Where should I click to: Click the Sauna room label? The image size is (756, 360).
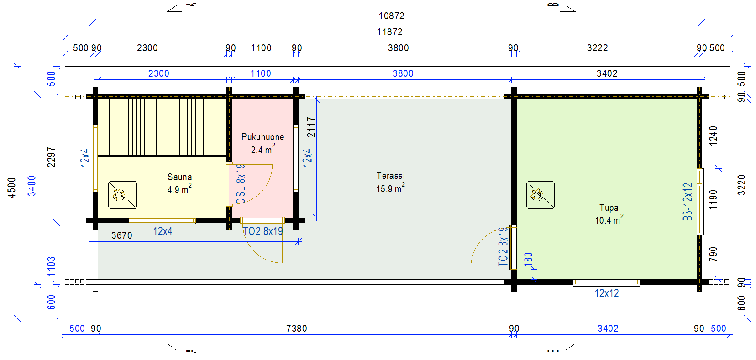(x=179, y=177)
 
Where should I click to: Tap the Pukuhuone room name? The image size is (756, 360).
(x=262, y=137)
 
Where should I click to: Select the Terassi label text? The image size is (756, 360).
(x=390, y=176)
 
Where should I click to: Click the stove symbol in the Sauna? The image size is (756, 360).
(x=122, y=195)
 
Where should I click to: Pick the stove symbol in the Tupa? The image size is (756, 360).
(x=541, y=195)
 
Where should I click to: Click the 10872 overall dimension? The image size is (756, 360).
(x=391, y=16)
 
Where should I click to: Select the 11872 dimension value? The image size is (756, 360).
(x=389, y=32)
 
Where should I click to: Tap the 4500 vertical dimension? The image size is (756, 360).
(x=12, y=188)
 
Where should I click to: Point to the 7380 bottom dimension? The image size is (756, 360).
(x=296, y=329)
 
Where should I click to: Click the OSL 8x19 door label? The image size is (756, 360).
(x=241, y=184)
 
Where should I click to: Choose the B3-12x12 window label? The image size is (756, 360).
(x=687, y=202)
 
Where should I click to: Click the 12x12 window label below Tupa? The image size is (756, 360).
(x=606, y=293)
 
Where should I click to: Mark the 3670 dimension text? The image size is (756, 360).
(x=121, y=235)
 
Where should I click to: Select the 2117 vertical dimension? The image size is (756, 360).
(x=311, y=127)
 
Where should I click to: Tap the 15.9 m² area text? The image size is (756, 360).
(x=390, y=188)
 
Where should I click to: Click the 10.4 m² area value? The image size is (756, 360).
(x=609, y=219)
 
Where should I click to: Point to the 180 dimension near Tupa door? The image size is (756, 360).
(x=529, y=259)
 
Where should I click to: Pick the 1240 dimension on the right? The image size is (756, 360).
(x=713, y=136)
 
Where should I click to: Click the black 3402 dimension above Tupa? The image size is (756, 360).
(x=607, y=73)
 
